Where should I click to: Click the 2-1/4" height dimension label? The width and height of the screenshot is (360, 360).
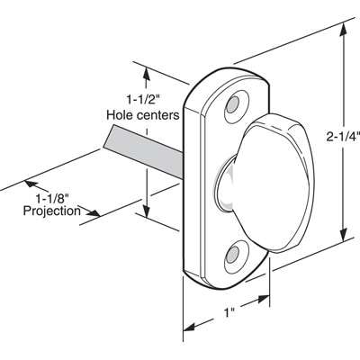click(x=343, y=137)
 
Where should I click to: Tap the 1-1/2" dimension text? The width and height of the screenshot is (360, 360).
click(x=142, y=99)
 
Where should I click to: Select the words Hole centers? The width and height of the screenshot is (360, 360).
click(x=143, y=115)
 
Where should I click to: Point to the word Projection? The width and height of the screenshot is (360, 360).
click(x=52, y=211)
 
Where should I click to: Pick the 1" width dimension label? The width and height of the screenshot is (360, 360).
click(x=229, y=312)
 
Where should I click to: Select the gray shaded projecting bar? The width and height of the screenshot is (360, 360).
click(x=143, y=151)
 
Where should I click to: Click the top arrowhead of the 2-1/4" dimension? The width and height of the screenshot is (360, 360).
click(x=344, y=31)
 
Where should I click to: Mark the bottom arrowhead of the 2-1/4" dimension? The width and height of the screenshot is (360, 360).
click(x=344, y=235)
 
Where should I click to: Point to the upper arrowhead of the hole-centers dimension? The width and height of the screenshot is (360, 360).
click(x=147, y=73)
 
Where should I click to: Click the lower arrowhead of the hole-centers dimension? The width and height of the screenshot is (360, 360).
click(x=147, y=211)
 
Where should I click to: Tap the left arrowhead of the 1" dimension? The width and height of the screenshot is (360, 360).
click(x=191, y=326)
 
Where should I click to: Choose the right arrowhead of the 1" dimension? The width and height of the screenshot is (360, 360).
click(x=263, y=300)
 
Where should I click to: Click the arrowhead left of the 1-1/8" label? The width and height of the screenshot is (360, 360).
click(x=31, y=184)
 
